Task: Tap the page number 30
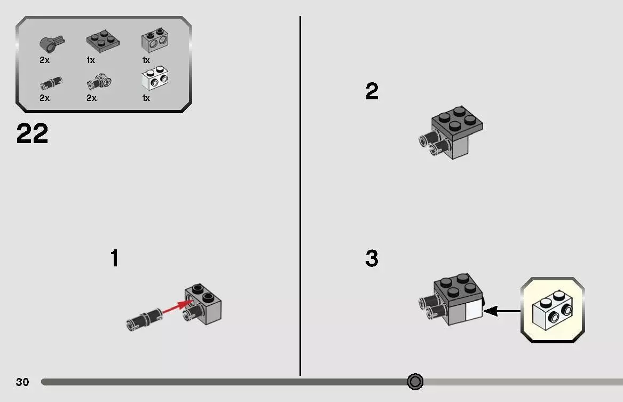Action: pyautogui.click(x=22, y=382)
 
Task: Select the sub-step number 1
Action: pyautogui.click(x=114, y=258)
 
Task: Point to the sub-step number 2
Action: pyautogui.click(x=372, y=91)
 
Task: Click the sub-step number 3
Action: pyautogui.click(x=372, y=258)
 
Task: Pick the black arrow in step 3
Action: pyautogui.click(x=502, y=311)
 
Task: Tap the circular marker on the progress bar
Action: pyautogui.click(x=415, y=382)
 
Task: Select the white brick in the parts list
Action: pyautogui.click(x=155, y=78)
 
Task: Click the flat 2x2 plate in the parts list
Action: pyautogui.click(x=103, y=41)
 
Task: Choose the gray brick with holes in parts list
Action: pyautogui.click(x=155, y=40)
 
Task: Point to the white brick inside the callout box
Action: pyautogui.click(x=553, y=310)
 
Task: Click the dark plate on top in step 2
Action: pyautogui.click(x=458, y=121)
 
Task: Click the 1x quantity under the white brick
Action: pyautogui.click(x=146, y=98)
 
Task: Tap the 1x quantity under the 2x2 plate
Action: pyautogui.click(x=91, y=60)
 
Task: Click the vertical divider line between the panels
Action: pyautogui.click(x=301, y=196)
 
